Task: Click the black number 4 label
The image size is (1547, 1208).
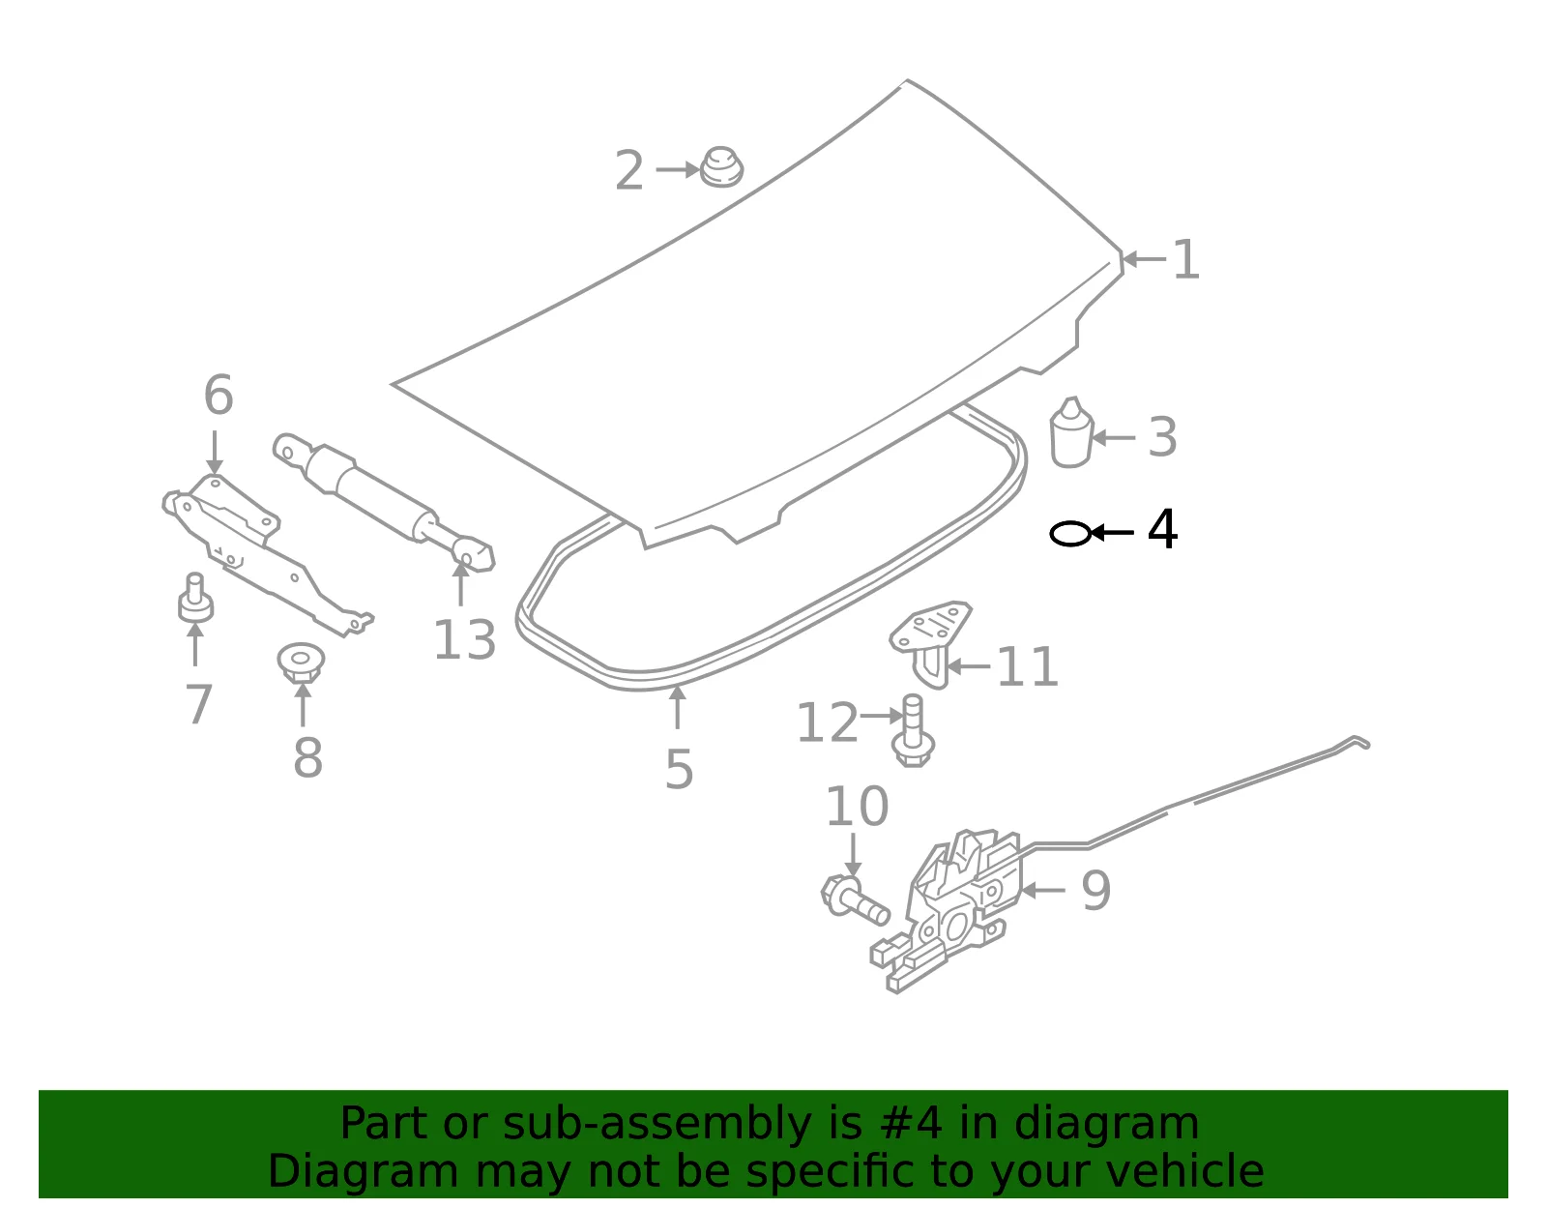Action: (x=1162, y=529)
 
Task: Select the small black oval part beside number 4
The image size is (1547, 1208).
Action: (x=1070, y=533)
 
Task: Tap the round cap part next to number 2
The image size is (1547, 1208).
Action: (x=721, y=168)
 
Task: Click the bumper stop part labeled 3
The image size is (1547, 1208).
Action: (x=1071, y=432)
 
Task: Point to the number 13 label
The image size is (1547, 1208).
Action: (x=464, y=639)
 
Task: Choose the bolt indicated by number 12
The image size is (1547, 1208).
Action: (x=913, y=731)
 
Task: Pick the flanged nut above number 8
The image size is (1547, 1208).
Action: (x=301, y=663)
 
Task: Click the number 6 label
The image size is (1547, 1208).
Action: (x=218, y=395)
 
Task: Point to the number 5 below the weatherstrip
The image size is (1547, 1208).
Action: (x=679, y=769)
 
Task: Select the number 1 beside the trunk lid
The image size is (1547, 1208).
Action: (x=1185, y=259)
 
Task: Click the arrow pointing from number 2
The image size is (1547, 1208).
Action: (x=677, y=169)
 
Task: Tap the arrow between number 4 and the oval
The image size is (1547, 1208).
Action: (x=1113, y=533)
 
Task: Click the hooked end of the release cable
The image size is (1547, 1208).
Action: (x=1358, y=742)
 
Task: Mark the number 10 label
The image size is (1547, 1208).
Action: (x=857, y=807)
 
